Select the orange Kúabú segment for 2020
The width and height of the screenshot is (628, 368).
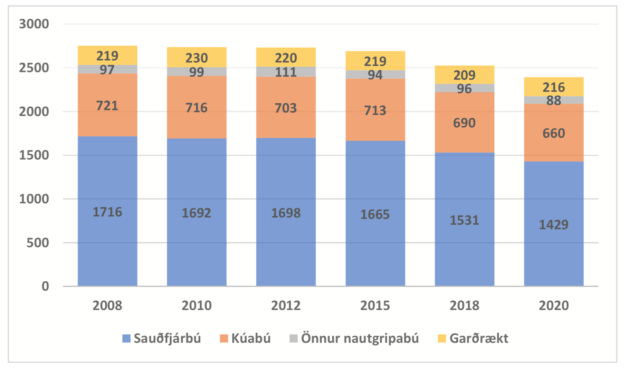(x=553, y=148)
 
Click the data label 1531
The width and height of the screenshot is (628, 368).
(x=464, y=220)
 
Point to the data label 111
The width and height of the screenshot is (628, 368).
(x=286, y=72)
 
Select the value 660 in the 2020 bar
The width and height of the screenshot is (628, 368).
(x=553, y=133)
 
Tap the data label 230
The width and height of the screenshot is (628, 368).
(x=197, y=58)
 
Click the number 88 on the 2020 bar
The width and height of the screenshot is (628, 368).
(x=553, y=100)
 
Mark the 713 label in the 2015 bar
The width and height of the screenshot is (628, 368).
(x=375, y=110)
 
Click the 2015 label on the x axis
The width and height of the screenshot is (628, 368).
(x=375, y=306)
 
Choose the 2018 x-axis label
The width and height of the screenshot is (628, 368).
(x=464, y=306)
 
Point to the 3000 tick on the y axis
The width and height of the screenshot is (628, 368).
(x=34, y=24)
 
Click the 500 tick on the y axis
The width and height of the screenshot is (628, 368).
(x=38, y=243)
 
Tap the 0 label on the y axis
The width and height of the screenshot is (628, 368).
(x=45, y=286)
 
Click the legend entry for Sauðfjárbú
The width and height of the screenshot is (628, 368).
(x=167, y=338)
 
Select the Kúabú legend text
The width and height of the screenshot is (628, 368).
(x=251, y=338)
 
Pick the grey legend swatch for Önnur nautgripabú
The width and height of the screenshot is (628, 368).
(x=293, y=338)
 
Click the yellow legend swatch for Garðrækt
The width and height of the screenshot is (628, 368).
(x=441, y=338)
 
